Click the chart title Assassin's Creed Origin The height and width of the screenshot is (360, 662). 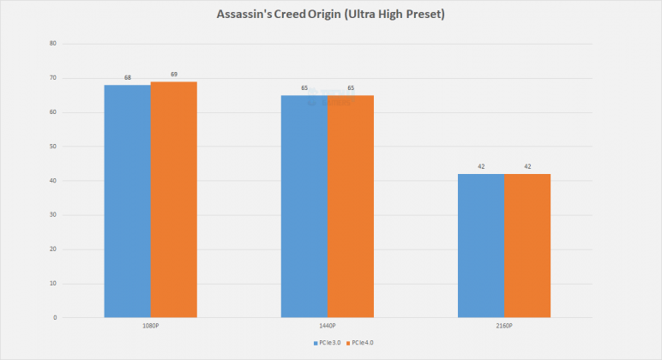pyautogui.click(x=330, y=15)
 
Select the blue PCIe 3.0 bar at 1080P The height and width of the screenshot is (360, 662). pyautogui.click(x=128, y=201)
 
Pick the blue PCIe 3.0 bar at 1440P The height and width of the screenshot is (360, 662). pyautogui.click(x=304, y=207)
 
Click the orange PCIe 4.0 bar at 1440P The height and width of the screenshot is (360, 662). pyautogui.click(x=351, y=207)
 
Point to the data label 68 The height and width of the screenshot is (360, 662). pyautogui.click(x=128, y=78)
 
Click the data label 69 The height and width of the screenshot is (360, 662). pyautogui.click(x=174, y=75)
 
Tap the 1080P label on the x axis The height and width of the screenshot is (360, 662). pyautogui.click(x=151, y=327)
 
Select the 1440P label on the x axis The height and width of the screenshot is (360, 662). pyautogui.click(x=328, y=327)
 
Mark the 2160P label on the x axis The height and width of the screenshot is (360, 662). pyautogui.click(x=504, y=327)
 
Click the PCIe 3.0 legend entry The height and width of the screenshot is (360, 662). pyautogui.click(x=327, y=342)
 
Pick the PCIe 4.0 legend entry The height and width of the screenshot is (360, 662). pyautogui.click(x=362, y=342)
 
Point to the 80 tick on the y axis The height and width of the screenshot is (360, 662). pyautogui.click(x=53, y=44)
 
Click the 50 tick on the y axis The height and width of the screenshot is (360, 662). pyautogui.click(x=53, y=147)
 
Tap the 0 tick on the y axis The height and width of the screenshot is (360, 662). pyautogui.click(x=55, y=318)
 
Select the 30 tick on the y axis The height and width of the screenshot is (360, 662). pyautogui.click(x=53, y=215)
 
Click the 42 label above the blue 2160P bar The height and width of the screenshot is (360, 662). pyautogui.click(x=481, y=167)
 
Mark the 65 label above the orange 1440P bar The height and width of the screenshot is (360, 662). pyautogui.click(x=351, y=88)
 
